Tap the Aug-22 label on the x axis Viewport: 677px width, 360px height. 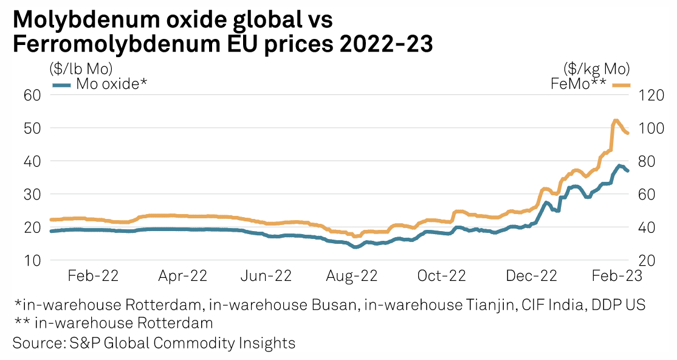(x=352, y=275)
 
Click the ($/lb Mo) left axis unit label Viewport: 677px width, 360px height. (x=81, y=67)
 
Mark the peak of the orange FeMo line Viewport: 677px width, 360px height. (x=615, y=120)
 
